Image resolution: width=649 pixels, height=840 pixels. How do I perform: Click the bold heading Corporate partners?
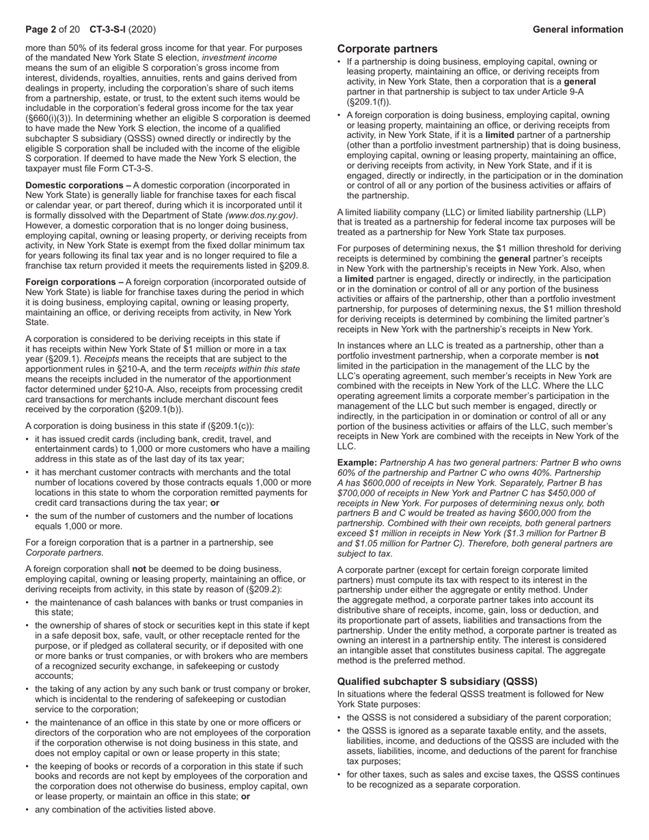coord(387,49)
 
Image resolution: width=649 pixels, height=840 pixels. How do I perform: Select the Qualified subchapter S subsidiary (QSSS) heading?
coord(437,682)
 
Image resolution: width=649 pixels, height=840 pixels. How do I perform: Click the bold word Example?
coord(357,463)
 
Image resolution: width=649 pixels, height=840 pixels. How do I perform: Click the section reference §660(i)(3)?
coord(50,117)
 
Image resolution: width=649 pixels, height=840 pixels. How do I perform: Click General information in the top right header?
coord(578,29)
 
